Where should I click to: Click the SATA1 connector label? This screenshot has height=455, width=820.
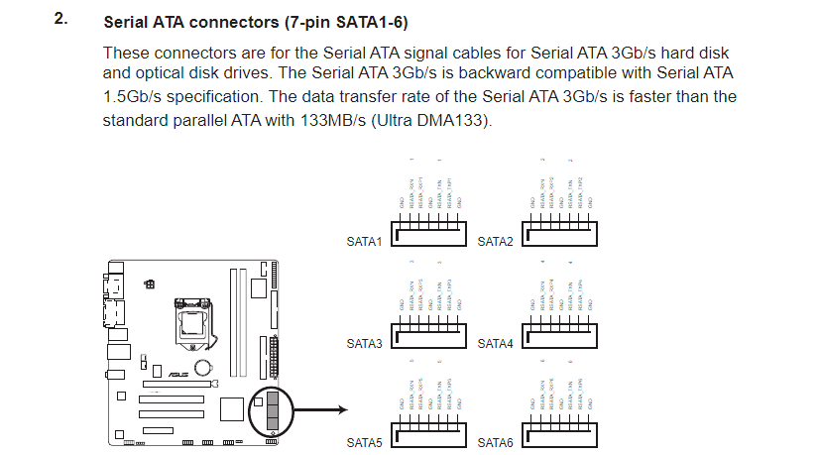(364, 241)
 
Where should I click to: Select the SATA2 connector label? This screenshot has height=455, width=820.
(497, 241)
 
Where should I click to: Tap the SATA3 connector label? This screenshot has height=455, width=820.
(364, 343)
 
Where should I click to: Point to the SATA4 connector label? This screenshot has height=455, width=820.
(497, 343)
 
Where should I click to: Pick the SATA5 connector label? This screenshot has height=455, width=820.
(364, 442)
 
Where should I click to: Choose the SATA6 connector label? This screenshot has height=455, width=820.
(497, 442)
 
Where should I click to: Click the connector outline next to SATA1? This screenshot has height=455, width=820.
(430, 232)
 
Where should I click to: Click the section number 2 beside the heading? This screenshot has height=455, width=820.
(59, 21)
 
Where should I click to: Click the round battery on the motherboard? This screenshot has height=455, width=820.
(202, 368)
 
